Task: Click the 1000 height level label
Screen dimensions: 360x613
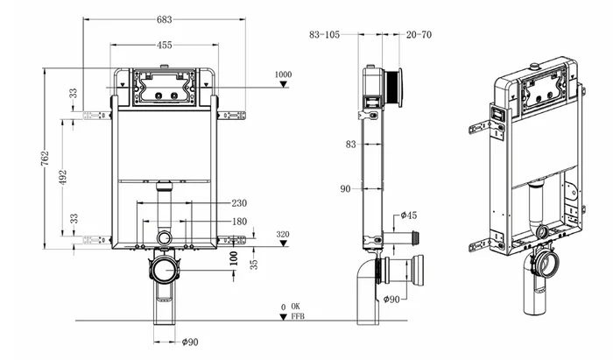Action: [282, 74]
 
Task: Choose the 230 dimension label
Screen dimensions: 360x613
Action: [239, 203]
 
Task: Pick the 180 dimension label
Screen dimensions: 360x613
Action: [239, 222]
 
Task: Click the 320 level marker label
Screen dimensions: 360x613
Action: [282, 234]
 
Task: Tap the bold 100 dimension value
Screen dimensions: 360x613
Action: [234, 258]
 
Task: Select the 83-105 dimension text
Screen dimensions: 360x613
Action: [326, 34]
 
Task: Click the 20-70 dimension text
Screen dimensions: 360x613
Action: [419, 34]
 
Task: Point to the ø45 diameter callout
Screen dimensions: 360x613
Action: [409, 215]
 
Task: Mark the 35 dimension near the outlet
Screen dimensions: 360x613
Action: [252, 262]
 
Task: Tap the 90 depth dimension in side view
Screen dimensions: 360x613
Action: [345, 187]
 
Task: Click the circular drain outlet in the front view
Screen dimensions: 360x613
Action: [166, 238]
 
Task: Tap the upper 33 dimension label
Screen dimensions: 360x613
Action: [74, 91]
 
